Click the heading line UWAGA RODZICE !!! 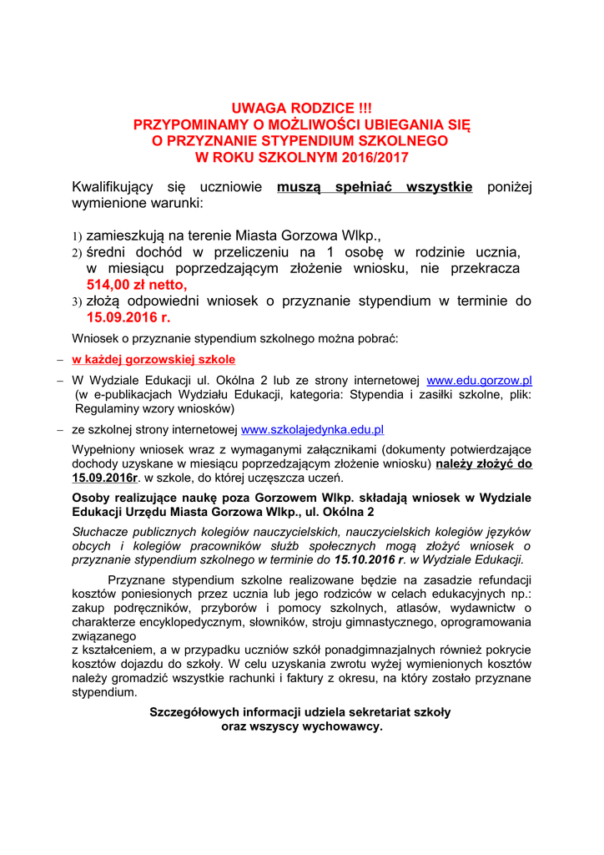click(301, 108)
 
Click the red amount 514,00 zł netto click(137, 285)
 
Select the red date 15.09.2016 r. click(128, 317)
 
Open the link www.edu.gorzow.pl click(479, 380)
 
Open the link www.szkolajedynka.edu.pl click(312, 430)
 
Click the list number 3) click(76, 302)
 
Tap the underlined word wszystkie click(438, 186)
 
